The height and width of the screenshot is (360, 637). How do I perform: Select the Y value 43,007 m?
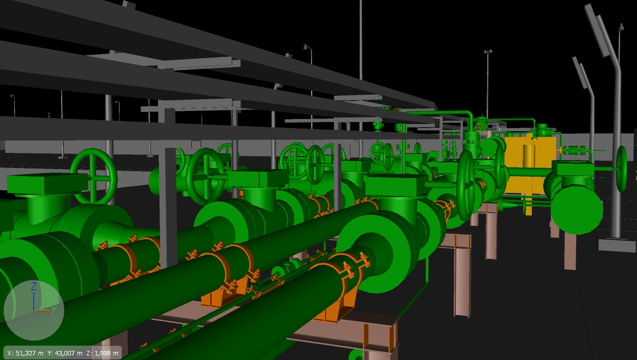point(65,353)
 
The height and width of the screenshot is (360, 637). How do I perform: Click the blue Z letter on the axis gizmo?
point(34,287)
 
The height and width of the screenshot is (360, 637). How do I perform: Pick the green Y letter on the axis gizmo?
point(54,308)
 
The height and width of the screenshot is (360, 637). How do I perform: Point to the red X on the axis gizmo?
point(47,311)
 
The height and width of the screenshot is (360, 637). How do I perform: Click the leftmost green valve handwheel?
point(94,176)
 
